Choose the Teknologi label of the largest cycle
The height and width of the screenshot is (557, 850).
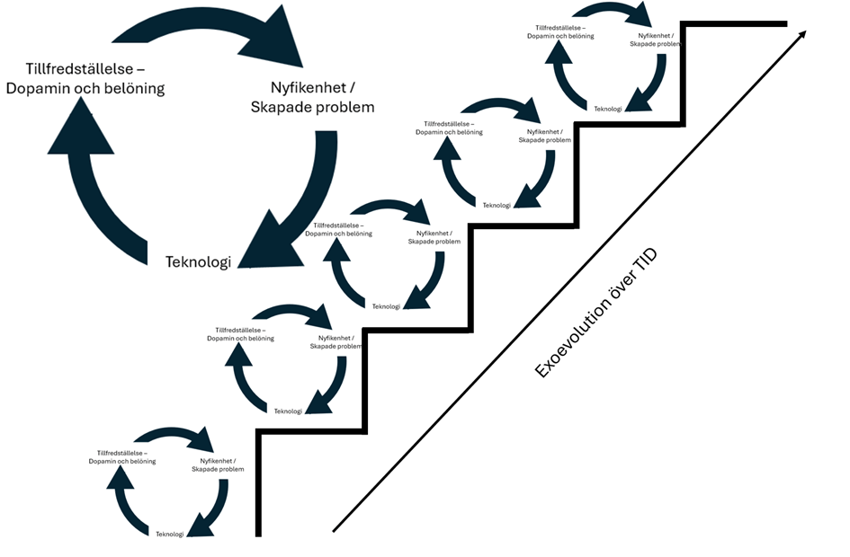click(x=198, y=261)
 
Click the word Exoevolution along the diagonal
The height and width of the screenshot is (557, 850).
click(x=577, y=337)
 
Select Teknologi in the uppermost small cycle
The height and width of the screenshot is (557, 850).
click(x=608, y=109)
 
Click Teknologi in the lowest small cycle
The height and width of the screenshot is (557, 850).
click(x=170, y=534)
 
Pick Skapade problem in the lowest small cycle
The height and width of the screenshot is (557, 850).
click(x=218, y=469)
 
